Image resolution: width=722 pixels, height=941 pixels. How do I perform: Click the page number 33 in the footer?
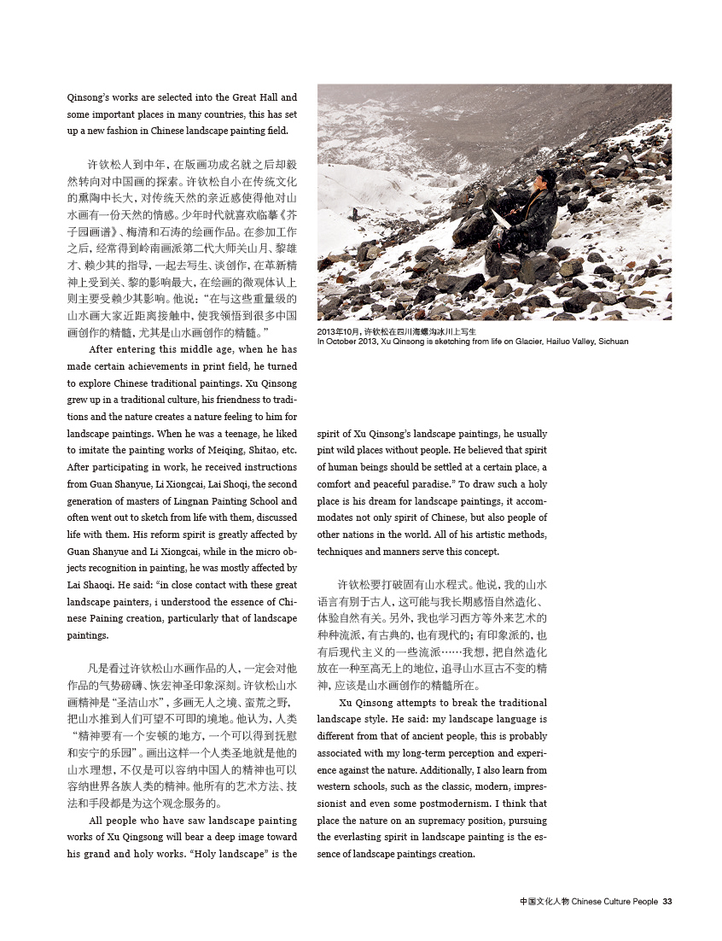pyautogui.click(x=668, y=901)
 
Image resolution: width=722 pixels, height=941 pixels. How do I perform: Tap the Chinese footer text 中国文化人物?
pyautogui.click(x=544, y=901)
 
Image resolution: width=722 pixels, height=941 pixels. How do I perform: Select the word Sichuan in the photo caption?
pyautogui.click(x=613, y=342)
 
